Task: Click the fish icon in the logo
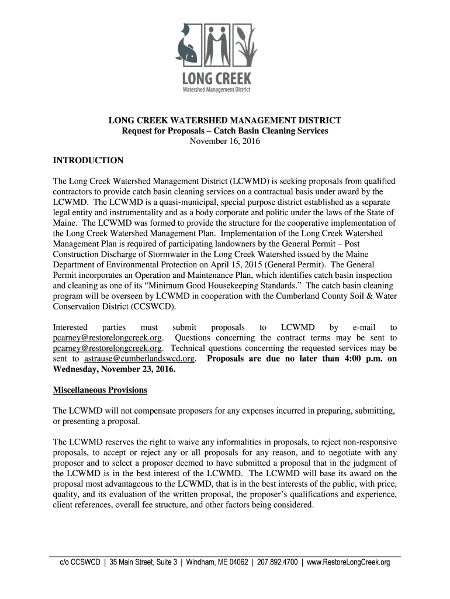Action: (191, 46)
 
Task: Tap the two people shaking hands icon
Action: (221, 44)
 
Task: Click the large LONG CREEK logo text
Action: (224, 78)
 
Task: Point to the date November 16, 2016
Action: (225, 141)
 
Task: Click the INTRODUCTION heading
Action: (88, 160)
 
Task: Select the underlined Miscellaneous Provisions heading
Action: (100, 390)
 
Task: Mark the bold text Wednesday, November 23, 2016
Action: (114, 370)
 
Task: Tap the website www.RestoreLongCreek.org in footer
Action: (348, 563)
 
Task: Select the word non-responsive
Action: (368, 442)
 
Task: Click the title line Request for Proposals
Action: (224, 130)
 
